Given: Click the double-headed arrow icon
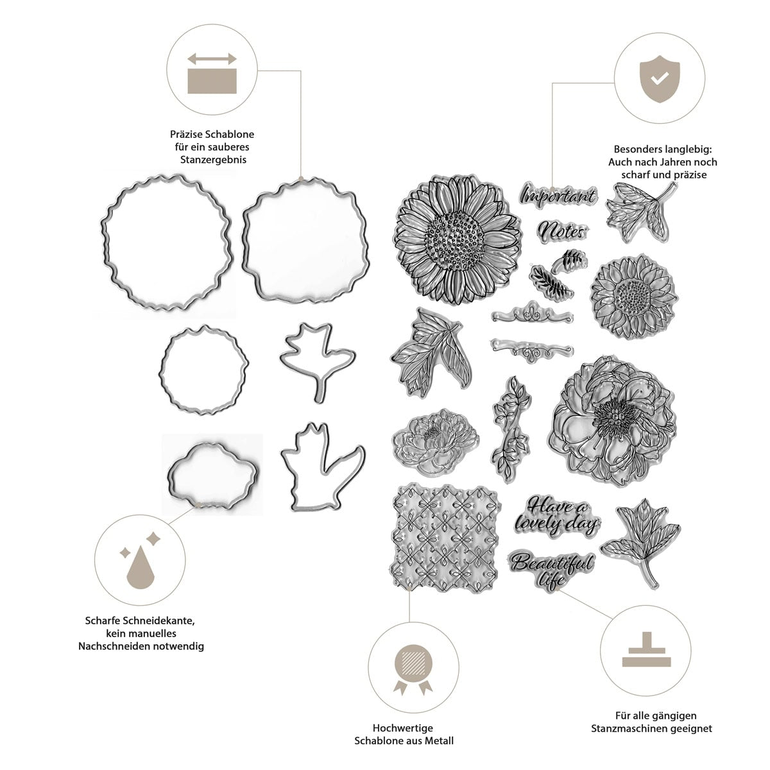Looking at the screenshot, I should pyautogui.click(x=212, y=58).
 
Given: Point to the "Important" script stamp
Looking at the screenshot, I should pyautogui.click(x=558, y=195).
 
